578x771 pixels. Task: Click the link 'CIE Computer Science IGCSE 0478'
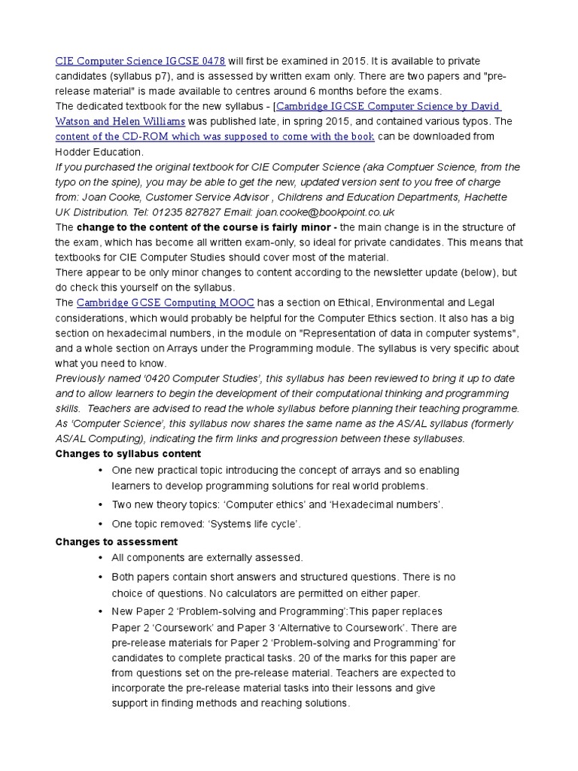140,60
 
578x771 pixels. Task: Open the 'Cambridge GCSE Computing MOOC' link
166,303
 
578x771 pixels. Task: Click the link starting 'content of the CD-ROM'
214,136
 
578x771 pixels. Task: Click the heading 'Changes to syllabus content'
129,453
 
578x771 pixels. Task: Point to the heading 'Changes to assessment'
117,541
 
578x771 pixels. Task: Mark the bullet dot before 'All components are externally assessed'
100,558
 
